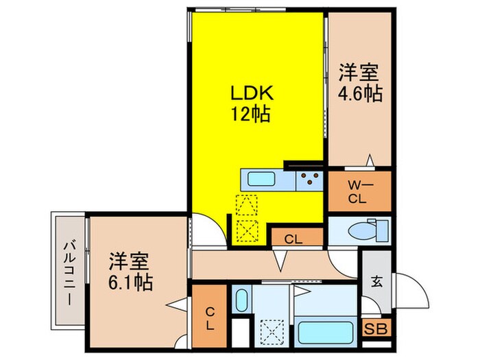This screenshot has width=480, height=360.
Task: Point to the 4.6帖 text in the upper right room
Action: pos(359,93)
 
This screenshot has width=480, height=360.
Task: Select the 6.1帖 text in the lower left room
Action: pos(130,280)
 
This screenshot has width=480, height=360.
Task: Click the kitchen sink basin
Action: pos(261,181)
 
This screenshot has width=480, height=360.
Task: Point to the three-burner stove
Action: pos(309,181)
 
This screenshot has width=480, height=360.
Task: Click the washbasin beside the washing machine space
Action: pos(241,300)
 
